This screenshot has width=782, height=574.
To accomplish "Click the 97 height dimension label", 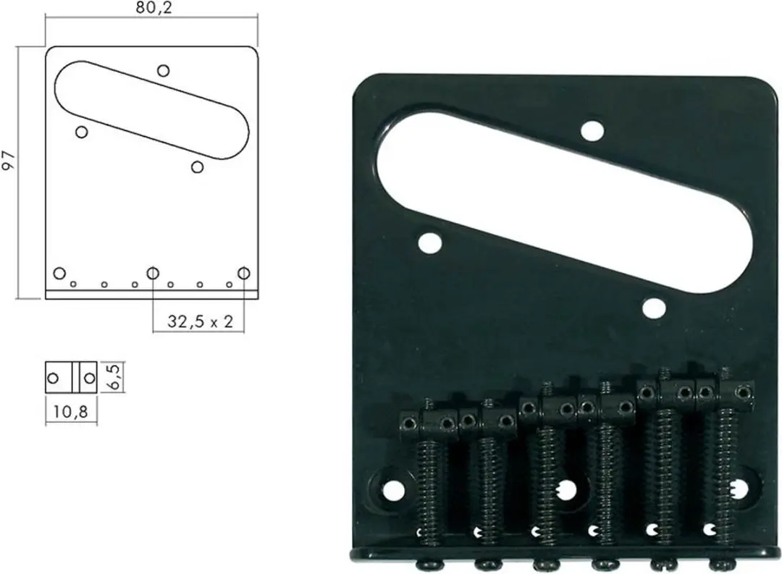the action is pyautogui.click(x=9, y=161).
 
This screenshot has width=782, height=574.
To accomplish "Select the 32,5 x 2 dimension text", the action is pyautogui.click(x=200, y=321).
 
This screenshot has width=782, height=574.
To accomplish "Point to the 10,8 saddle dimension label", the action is pyautogui.click(x=70, y=411).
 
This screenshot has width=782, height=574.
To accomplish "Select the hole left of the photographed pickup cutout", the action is pyautogui.click(x=430, y=242).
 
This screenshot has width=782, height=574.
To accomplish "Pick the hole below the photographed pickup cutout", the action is pyautogui.click(x=654, y=308).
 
